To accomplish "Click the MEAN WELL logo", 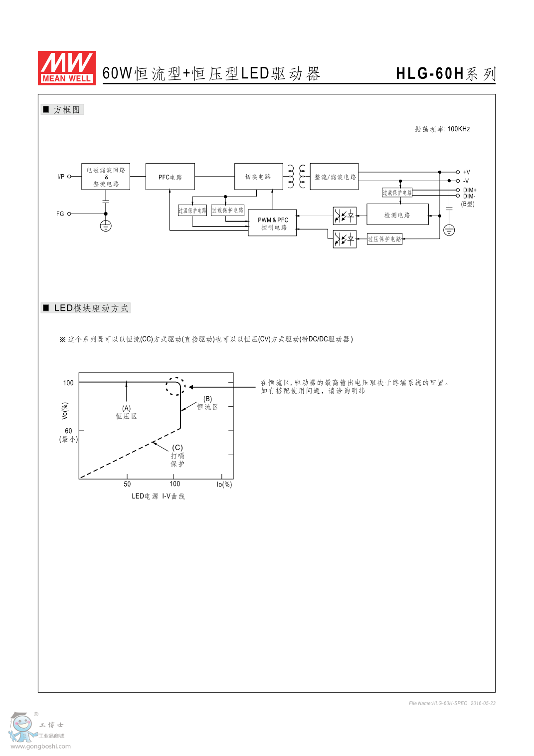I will pos(67,68).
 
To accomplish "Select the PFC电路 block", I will pos(170,177).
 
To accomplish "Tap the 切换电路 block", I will pos(258,177).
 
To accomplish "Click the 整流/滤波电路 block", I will pos(334,177).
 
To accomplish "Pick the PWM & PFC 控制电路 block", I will pos(272,223).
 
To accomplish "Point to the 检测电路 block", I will pos(397,215).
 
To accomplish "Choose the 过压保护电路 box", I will pos(384,239).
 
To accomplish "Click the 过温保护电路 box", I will pos(192,211).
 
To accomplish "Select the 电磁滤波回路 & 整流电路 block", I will pos(106,177).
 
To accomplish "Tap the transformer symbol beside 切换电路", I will pos(297,177).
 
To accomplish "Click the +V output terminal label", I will pos(467,172).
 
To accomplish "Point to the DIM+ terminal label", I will pos(470,190).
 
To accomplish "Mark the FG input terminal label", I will pos(60,214).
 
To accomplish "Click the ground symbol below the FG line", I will pos(106,226).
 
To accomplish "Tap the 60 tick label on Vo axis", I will pos(68,431).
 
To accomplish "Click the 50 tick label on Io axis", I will pos(127,484).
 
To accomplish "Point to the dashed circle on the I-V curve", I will pos(176,386).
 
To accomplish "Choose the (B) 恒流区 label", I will pos(207,403).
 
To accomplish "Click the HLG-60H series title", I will pos(445,73).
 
